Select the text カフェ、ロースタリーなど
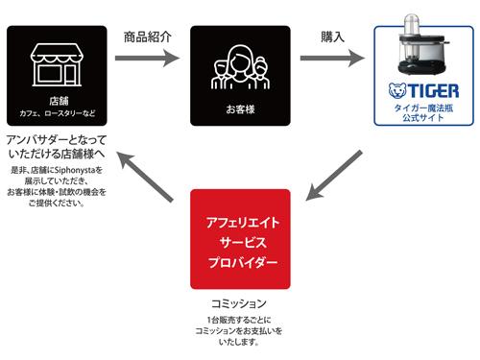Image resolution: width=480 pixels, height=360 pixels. pos(57,113)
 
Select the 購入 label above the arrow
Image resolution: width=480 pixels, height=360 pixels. pos(333,36)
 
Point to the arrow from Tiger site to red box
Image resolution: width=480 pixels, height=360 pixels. pos(333,179)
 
